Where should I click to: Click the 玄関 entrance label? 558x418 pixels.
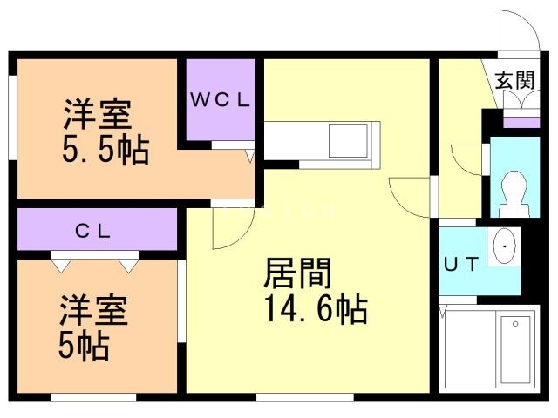(515, 80)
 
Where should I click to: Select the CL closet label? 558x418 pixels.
(93, 232)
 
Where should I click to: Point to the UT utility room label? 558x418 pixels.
(461, 264)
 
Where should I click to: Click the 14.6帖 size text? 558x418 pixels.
(316, 309)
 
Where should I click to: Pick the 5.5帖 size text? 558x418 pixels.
(105, 150)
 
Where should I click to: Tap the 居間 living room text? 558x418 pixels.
(298, 273)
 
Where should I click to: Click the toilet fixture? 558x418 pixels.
(514, 194)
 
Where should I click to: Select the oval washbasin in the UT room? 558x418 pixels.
(505, 246)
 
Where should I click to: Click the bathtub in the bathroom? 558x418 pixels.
(515, 351)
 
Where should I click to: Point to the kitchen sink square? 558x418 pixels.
(348, 140)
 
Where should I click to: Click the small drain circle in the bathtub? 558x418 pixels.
(515, 323)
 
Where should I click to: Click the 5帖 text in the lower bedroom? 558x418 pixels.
(84, 346)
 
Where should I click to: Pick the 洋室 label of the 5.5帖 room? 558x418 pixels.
(97, 114)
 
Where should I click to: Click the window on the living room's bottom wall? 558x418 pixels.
(305, 397)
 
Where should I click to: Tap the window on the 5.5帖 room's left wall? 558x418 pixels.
(13, 118)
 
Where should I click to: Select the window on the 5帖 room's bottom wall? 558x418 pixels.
(93, 397)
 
